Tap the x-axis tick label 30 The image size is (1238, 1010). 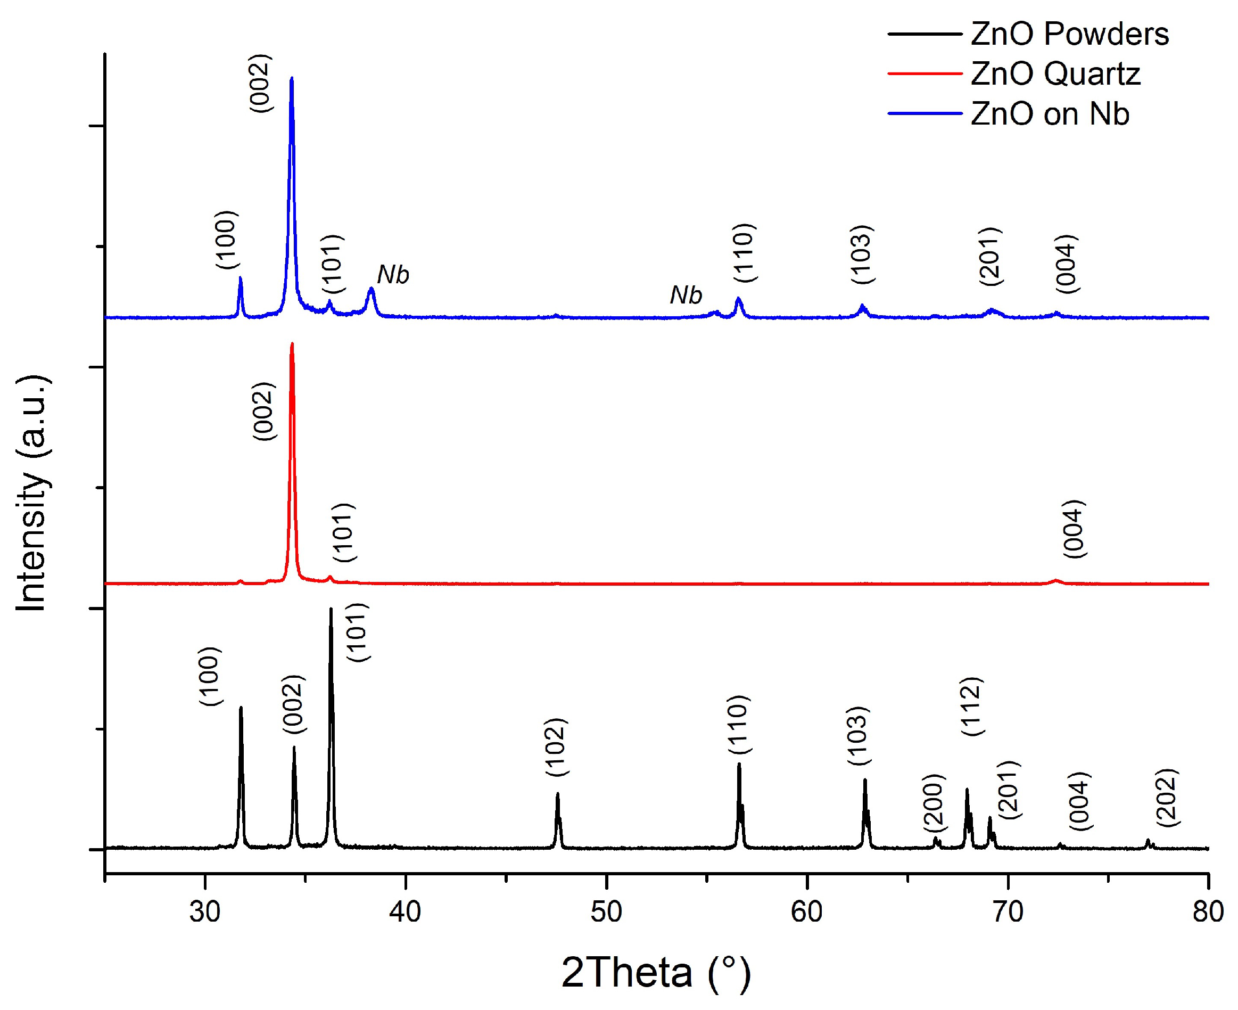click(x=205, y=912)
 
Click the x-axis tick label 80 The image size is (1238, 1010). click(x=1208, y=912)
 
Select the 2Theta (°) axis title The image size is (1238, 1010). click(x=656, y=972)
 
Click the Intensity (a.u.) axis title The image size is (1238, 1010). click(x=31, y=494)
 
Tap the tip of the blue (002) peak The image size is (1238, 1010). click(x=291, y=77)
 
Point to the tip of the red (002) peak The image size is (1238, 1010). click(x=292, y=343)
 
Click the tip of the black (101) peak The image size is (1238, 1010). click(x=331, y=609)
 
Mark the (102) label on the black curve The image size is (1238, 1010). click(x=557, y=748)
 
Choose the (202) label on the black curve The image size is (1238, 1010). click(x=1167, y=798)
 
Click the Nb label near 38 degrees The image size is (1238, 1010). click(x=393, y=275)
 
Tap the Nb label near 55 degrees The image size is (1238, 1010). click(x=686, y=295)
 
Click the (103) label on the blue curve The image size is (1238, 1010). click(x=862, y=254)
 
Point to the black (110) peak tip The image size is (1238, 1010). click(x=739, y=764)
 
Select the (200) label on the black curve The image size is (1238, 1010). click(x=934, y=803)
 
